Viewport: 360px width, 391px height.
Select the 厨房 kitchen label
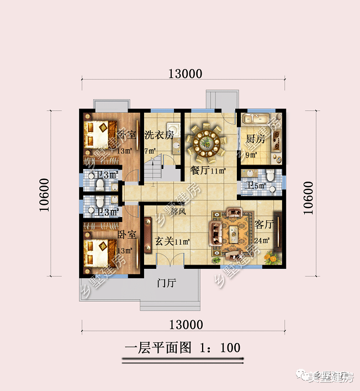(x=256, y=140)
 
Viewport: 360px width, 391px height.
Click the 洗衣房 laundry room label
(x=159, y=135)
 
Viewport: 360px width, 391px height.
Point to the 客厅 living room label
(x=265, y=225)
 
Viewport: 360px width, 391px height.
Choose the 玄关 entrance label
(x=165, y=241)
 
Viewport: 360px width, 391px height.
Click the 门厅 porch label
(x=166, y=283)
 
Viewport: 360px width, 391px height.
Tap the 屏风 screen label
(x=178, y=212)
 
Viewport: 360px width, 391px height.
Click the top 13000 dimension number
(x=186, y=74)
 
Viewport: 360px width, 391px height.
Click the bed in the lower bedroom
(x=99, y=250)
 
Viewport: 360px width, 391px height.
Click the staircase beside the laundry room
(x=155, y=166)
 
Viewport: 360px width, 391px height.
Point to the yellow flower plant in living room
(x=271, y=256)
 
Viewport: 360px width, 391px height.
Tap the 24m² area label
(x=262, y=240)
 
